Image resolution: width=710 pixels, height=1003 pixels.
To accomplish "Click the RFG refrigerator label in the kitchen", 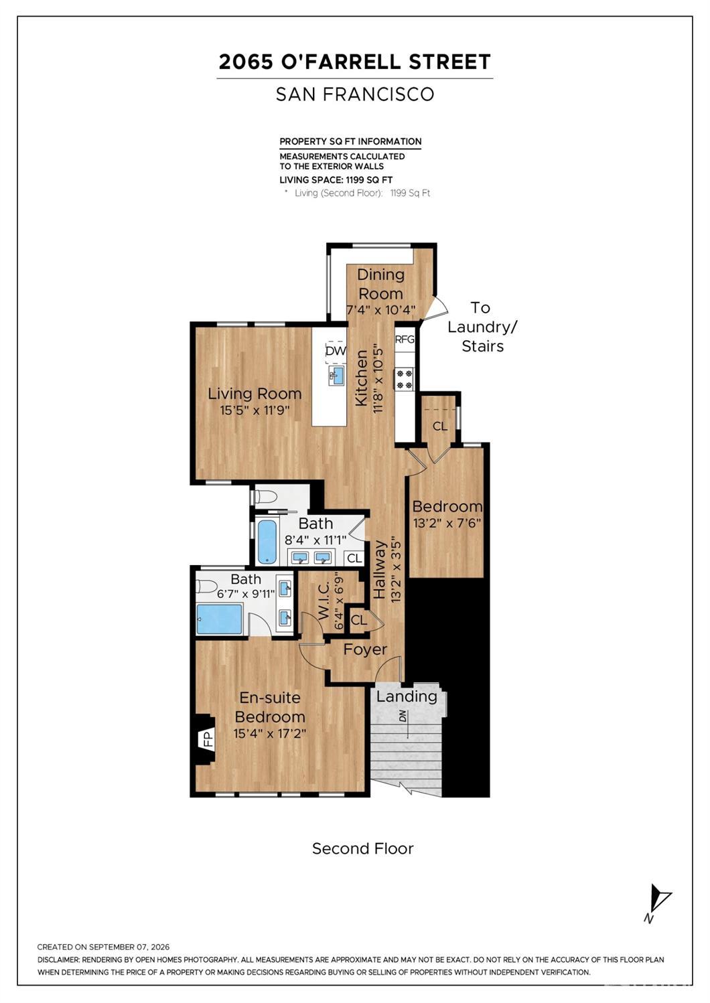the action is point(405,339).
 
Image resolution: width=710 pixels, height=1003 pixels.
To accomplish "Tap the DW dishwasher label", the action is point(336,351).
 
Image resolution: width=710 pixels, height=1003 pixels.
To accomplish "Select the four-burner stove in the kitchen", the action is point(405,379).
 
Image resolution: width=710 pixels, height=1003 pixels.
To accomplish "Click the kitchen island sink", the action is point(336,375).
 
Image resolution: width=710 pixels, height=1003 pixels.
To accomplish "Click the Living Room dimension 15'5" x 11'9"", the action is point(255,410).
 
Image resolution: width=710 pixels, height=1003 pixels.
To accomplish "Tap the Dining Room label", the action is point(380,285).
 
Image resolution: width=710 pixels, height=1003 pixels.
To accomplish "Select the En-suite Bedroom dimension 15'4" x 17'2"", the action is point(270,733).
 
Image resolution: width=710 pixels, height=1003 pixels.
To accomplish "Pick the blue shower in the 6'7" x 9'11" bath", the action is point(220,619).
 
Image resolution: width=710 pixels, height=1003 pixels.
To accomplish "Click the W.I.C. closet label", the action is point(324,601).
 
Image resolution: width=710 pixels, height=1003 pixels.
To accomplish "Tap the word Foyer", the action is point(365,649).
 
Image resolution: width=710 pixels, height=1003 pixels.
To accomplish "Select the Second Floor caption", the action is point(363,848).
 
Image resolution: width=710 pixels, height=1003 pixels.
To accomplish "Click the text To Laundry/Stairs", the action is point(482,327).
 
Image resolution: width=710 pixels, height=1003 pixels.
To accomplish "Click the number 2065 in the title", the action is point(246,62).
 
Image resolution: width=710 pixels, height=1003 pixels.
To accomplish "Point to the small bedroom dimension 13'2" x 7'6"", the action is point(447,522).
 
